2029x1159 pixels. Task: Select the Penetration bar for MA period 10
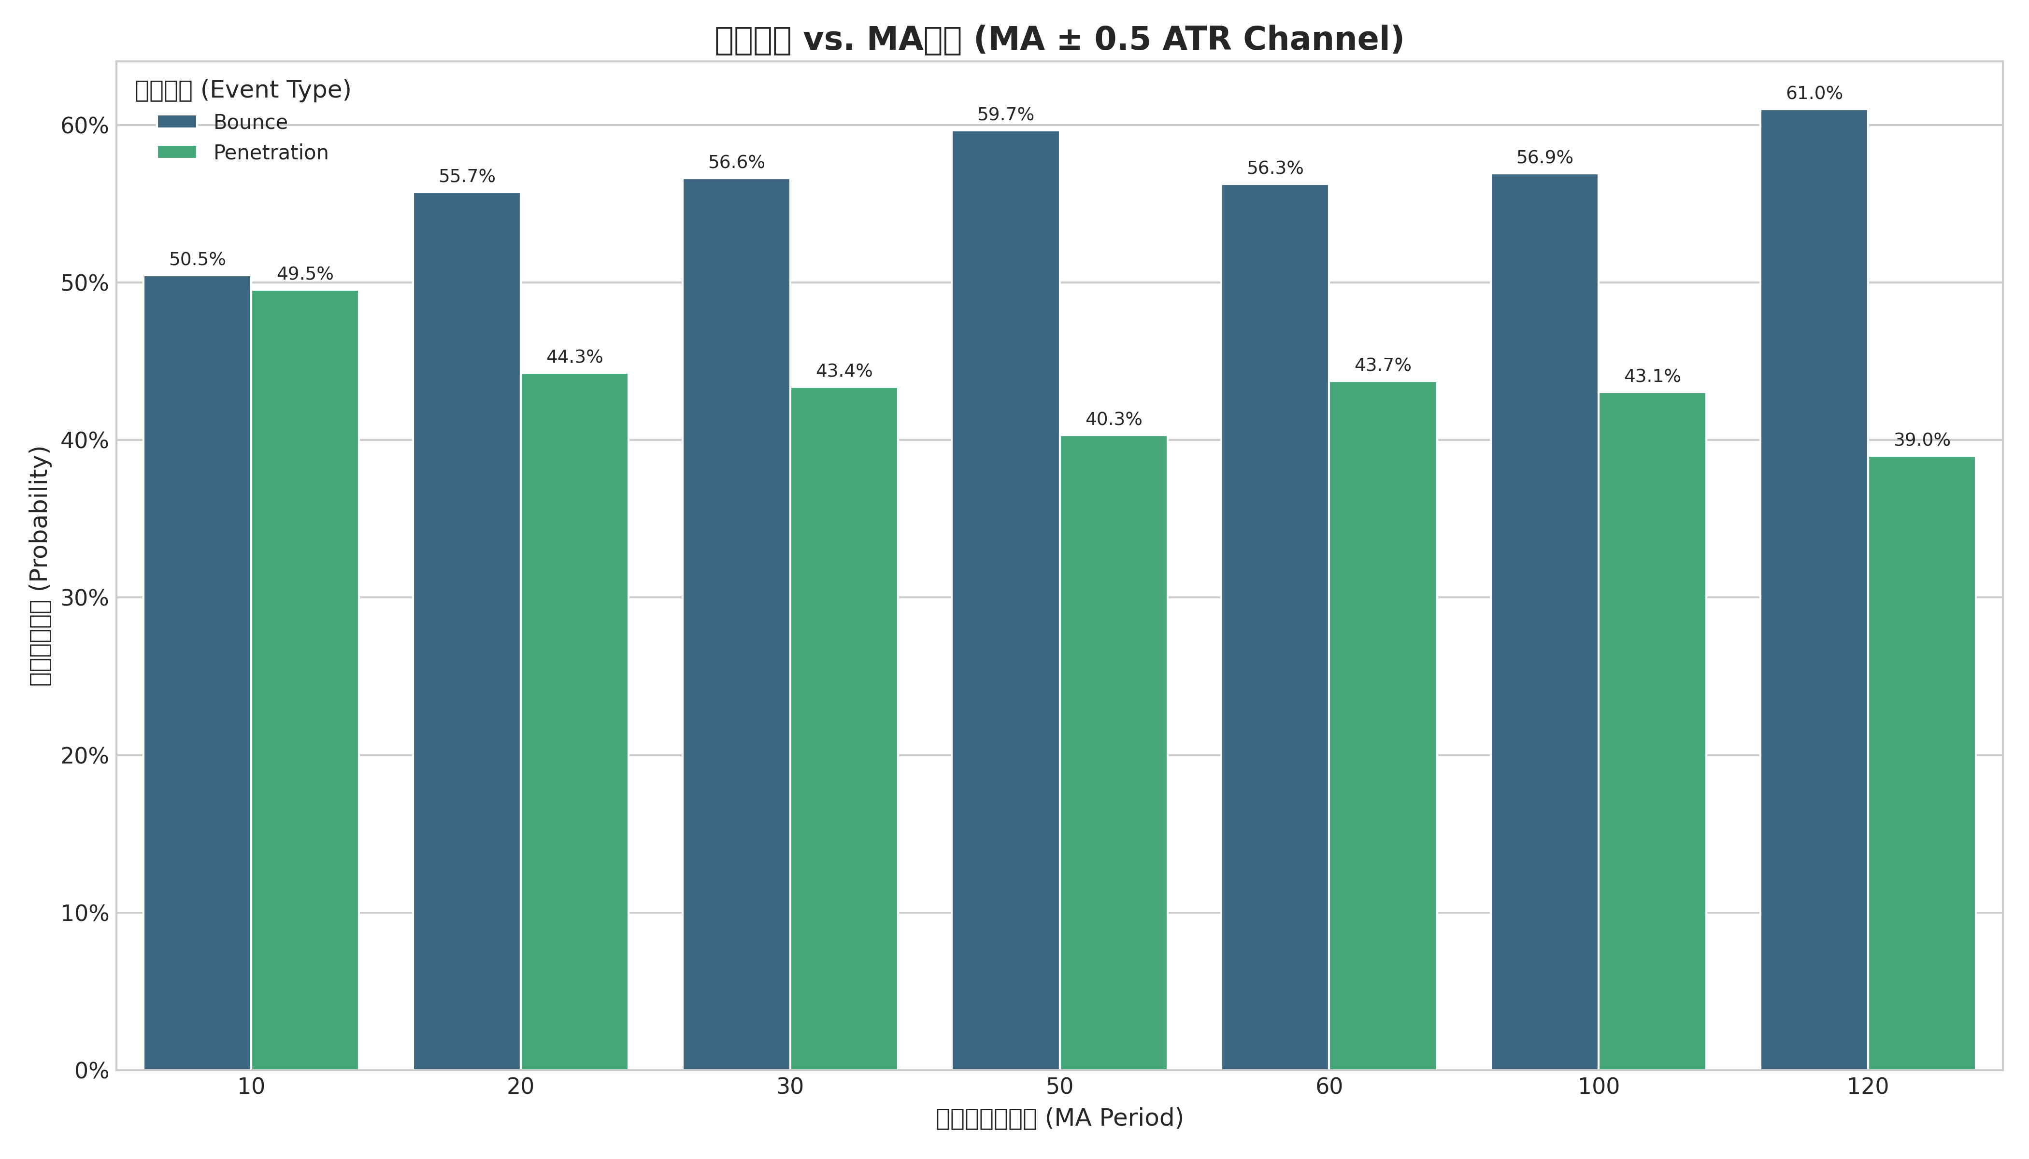coord(305,680)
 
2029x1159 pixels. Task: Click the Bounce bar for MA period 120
coord(1814,590)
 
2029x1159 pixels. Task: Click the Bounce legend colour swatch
coord(177,122)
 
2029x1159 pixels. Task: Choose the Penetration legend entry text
coord(271,153)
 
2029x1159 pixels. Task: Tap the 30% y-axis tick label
coord(85,599)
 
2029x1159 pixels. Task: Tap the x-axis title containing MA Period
coord(1059,1118)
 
